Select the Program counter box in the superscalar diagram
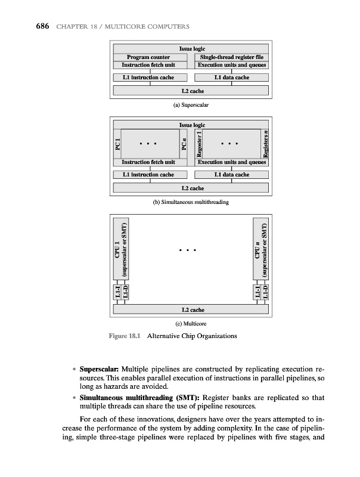[150, 57]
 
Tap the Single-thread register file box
[232, 57]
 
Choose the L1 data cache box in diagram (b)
[232, 175]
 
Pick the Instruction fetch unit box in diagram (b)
[150, 162]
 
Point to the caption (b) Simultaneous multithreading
[191, 202]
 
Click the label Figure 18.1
[125, 336]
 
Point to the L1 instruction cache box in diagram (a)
[150, 78]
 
